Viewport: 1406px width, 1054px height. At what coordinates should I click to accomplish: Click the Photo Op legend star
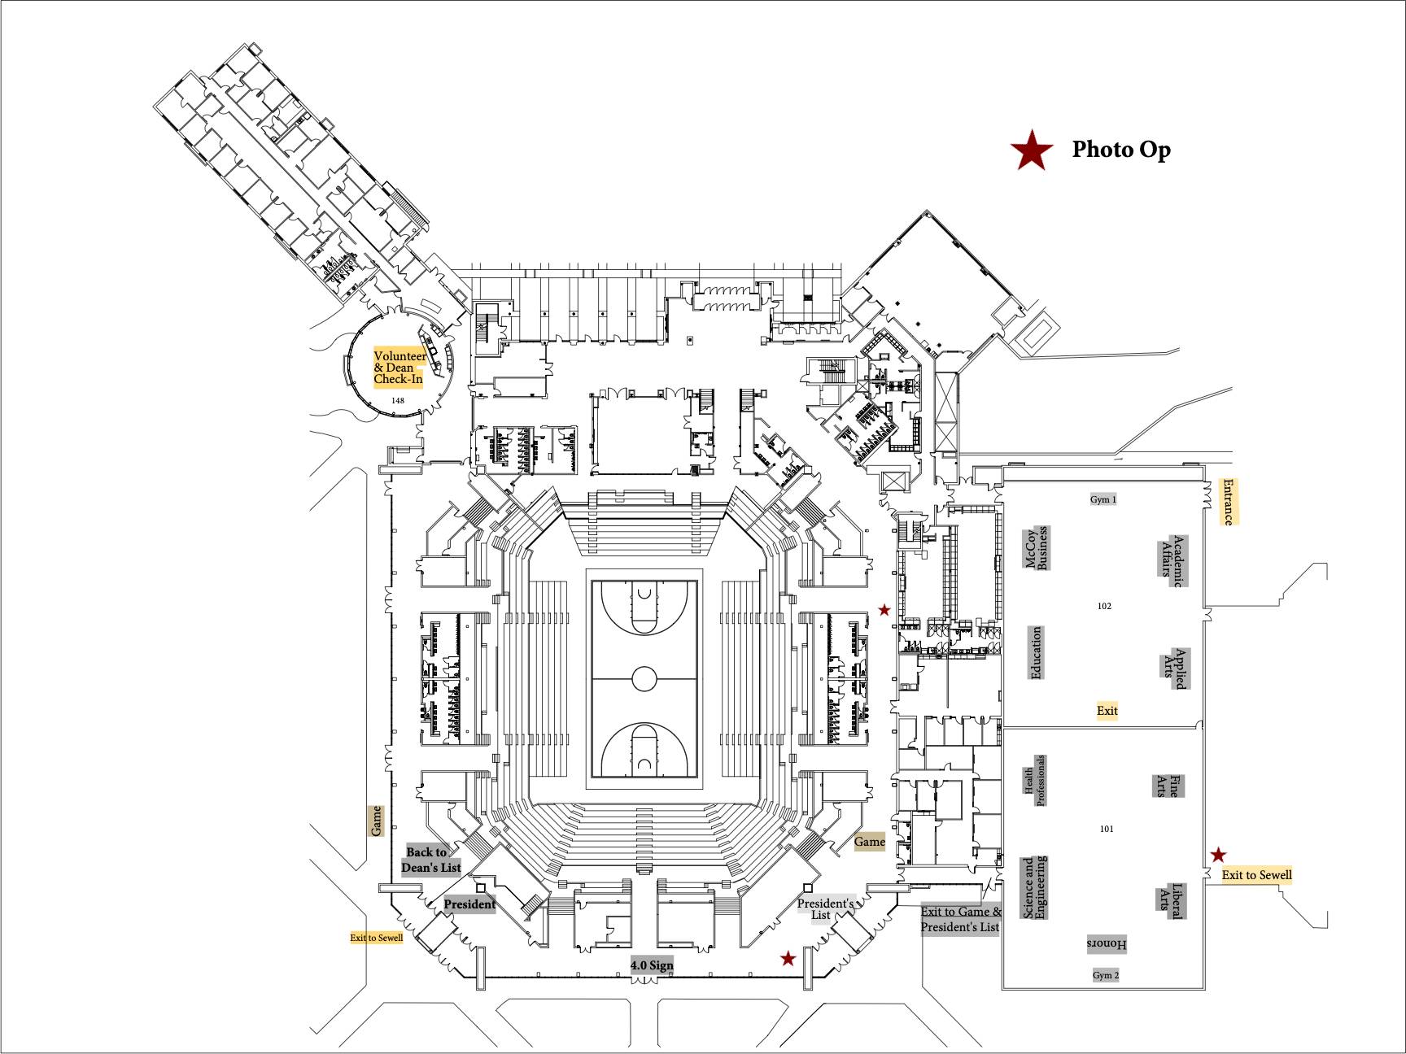[1032, 151]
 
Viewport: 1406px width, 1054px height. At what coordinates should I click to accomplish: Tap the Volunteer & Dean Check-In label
[399, 368]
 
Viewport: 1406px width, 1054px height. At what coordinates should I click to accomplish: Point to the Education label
[1036, 653]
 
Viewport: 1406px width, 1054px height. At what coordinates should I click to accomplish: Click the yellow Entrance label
[1228, 502]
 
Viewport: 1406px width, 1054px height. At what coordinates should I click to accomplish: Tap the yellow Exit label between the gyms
[1107, 711]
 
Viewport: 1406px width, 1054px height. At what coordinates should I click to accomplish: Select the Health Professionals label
[1034, 781]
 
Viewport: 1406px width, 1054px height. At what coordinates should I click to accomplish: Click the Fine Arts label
[1168, 786]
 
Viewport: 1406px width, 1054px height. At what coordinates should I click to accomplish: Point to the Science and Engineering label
[1034, 887]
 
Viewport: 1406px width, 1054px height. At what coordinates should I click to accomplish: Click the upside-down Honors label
[1107, 944]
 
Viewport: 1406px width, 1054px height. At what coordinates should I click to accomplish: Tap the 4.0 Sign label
[652, 965]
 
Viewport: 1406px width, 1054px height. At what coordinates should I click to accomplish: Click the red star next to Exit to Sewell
[1218, 855]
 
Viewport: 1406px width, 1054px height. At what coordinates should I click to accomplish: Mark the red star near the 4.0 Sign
[788, 959]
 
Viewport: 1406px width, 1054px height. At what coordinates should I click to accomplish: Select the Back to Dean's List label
[431, 860]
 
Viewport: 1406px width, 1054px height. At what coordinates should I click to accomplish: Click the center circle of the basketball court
[644, 678]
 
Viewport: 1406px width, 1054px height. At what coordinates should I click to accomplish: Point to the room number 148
[398, 401]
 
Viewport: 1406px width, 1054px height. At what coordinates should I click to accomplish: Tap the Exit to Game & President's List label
[960, 920]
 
